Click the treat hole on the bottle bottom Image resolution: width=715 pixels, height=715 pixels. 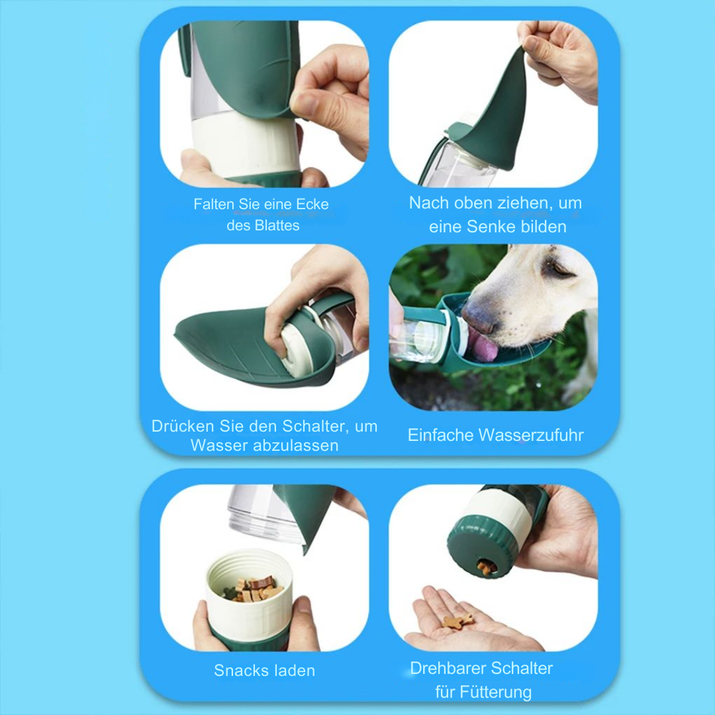coord(487,566)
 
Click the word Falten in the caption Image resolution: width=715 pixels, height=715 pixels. coord(213,205)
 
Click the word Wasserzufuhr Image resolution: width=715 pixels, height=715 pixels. coord(530,435)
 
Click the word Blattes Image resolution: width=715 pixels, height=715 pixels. coord(277,225)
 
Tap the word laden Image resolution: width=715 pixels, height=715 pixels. coord(295,671)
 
